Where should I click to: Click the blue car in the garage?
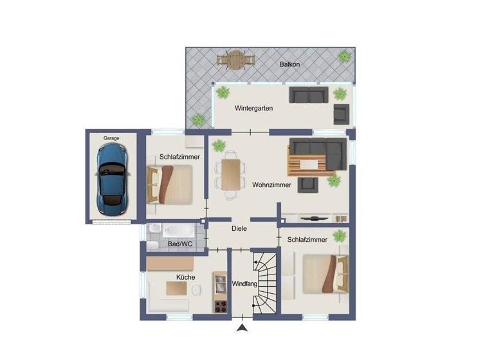pyautogui.click(x=113, y=178)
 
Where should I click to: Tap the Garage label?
pyautogui.click(x=113, y=138)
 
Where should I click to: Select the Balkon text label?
pyautogui.click(x=289, y=64)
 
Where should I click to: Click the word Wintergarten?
pyautogui.click(x=253, y=108)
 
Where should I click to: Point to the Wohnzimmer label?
pyautogui.click(x=271, y=184)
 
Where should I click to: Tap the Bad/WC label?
pyautogui.click(x=180, y=244)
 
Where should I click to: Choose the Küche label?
pyautogui.click(x=186, y=277)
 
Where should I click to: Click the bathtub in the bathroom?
pyautogui.click(x=176, y=230)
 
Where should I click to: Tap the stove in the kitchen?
pyautogui.click(x=220, y=306)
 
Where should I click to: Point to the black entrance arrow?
pyautogui.click(x=242, y=329)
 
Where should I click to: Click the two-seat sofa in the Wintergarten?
pyautogui.click(x=308, y=95)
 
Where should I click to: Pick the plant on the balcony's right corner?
pyautogui.click(x=345, y=56)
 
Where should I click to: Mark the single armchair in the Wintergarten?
pyautogui.click(x=341, y=114)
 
